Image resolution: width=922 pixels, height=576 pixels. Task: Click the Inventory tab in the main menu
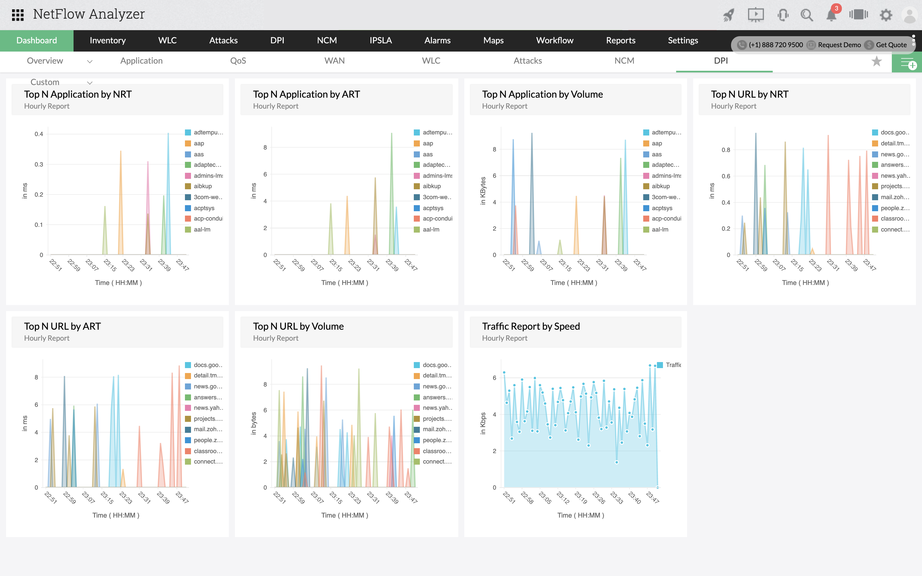pos(108,40)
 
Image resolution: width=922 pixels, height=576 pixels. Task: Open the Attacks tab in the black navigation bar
pos(223,40)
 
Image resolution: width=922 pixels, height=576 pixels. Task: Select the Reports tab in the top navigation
pos(620,40)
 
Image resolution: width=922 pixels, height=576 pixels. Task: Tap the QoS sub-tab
pos(238,61)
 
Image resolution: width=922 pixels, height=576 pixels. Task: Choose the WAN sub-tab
pos(334,61)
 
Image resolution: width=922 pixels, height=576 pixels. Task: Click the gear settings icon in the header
pos(886,15)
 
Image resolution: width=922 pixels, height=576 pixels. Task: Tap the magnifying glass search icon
pos(806,15)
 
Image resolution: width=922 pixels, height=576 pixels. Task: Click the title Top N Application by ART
pos(306,94)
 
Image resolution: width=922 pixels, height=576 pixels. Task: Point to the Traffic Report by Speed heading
pos(531,326)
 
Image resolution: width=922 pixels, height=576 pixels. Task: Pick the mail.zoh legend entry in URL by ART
pos(208,429)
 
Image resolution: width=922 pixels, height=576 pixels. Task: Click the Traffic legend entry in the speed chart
pos(673,365)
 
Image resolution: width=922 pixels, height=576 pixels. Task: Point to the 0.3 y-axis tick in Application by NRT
pos(39,165)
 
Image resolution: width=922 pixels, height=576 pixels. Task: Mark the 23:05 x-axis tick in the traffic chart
pos(545,498)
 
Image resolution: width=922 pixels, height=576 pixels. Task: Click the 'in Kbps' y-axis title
pos(483,423)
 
